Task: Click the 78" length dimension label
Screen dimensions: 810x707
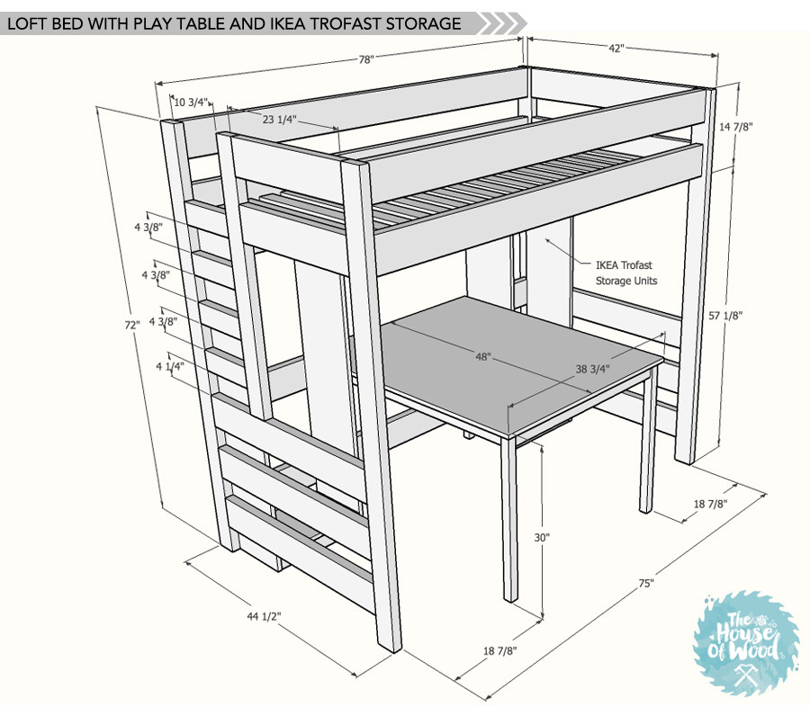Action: pyautogui.click(x=365, y=60)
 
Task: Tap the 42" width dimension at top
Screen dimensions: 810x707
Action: pyautogui.click(x=616, y=48)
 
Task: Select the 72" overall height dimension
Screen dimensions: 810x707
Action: pyautogui.click(x=132, y=325)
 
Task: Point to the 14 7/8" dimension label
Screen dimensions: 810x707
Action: pyautogui.click(x=736, y=126)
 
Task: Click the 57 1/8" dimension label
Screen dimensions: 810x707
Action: pyautogui.click(x=725, y=315)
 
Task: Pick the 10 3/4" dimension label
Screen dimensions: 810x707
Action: pyautogui.click(x=191, y=102)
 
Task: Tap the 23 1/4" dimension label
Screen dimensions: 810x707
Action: pyautogui.click(x=280, y=120)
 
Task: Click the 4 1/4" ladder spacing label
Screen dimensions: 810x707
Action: pyautogui.click(x=170, y=366)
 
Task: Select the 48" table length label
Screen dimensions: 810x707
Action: pyautogui.click(x=483, y=356)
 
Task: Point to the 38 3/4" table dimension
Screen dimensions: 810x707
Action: pyautogui.click(x=592, y=369)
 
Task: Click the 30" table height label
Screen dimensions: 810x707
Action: pyautogui.click(x=542, y=538)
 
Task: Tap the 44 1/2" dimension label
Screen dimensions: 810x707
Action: pyautogui.click(x=264, y=616)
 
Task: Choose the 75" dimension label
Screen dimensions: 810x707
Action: pyautogui.click(x=646, y=584)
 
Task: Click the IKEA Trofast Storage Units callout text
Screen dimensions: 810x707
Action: pyautogui.click(x=626, y=273)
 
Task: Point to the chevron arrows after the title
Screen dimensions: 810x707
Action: pyautogui.click(x=501, y=23)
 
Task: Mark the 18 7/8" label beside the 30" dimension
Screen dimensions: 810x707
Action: pyautogui.click(x=499, y=651)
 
